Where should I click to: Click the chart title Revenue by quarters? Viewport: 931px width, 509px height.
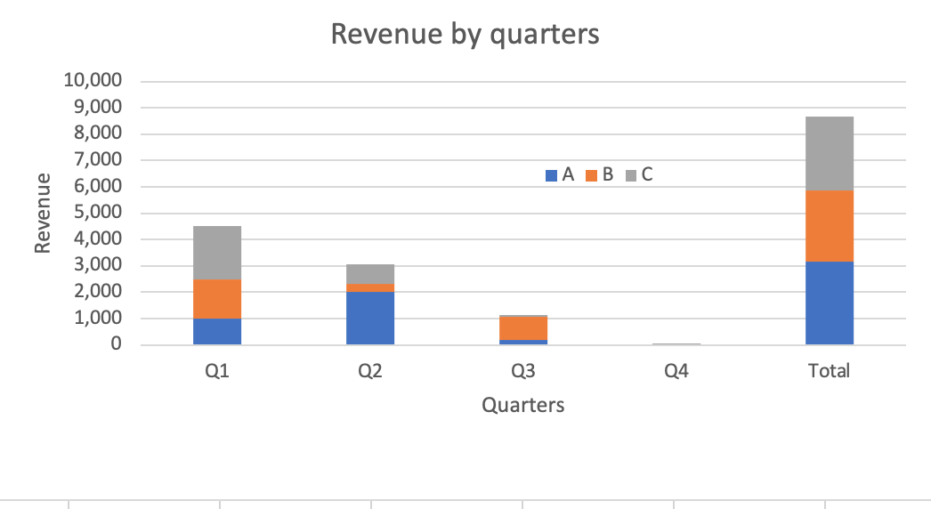[465, 34]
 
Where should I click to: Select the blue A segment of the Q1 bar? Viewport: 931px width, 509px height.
[217, 331]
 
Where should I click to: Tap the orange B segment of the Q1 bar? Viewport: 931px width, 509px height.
[217, 298]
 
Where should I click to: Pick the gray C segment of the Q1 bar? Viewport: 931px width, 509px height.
[217, 252]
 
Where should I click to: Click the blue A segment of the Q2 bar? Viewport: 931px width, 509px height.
[370, 318]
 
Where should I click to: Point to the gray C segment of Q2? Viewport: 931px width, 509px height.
[370, 273]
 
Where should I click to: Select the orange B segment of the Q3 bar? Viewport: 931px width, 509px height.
[523, 327]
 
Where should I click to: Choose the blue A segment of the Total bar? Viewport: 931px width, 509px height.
[829, 303]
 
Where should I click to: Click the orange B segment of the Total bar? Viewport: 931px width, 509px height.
[829, 225]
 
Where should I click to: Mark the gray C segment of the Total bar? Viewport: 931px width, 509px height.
[829, 153]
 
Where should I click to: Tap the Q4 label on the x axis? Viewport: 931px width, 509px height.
[676, 371]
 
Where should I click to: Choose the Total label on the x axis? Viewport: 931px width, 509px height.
[829, 371]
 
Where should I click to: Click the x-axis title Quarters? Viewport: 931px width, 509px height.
[522, 406]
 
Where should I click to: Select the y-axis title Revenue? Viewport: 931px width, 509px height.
[42, 214]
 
